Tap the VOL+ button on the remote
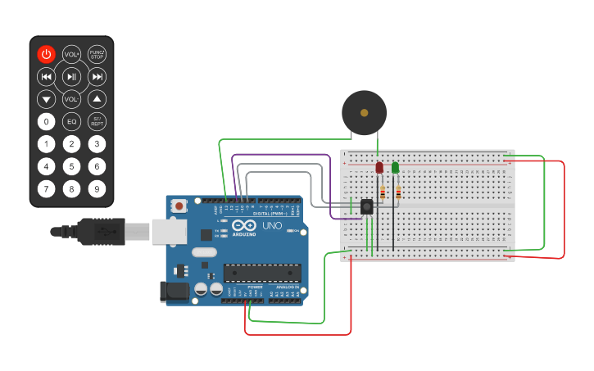pos(72,54)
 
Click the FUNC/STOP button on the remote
pos(97,54)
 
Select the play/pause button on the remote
pos(72,77)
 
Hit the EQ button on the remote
pos(72,122)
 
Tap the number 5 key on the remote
pos(72,167)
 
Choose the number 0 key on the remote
pos(47,122)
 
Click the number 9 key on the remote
pos(97,189)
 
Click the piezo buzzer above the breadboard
pos(364,112)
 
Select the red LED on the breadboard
pos(379,168)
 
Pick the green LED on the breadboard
pos(395,168)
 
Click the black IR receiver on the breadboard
pos(367,206)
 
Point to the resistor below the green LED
pos(398,192)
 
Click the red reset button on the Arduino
pos(178,208)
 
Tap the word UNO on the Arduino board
pos(271,225)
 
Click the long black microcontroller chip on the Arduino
pos(262,273)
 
